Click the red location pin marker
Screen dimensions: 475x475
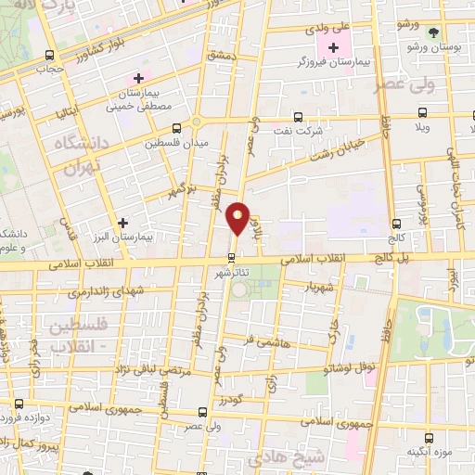click(x=238, y=219)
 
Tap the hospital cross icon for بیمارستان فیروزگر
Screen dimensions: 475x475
click(x=333, y=47)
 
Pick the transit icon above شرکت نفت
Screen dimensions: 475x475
click(x=297, y=117)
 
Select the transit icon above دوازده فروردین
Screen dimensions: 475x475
click(x=19, y=404)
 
